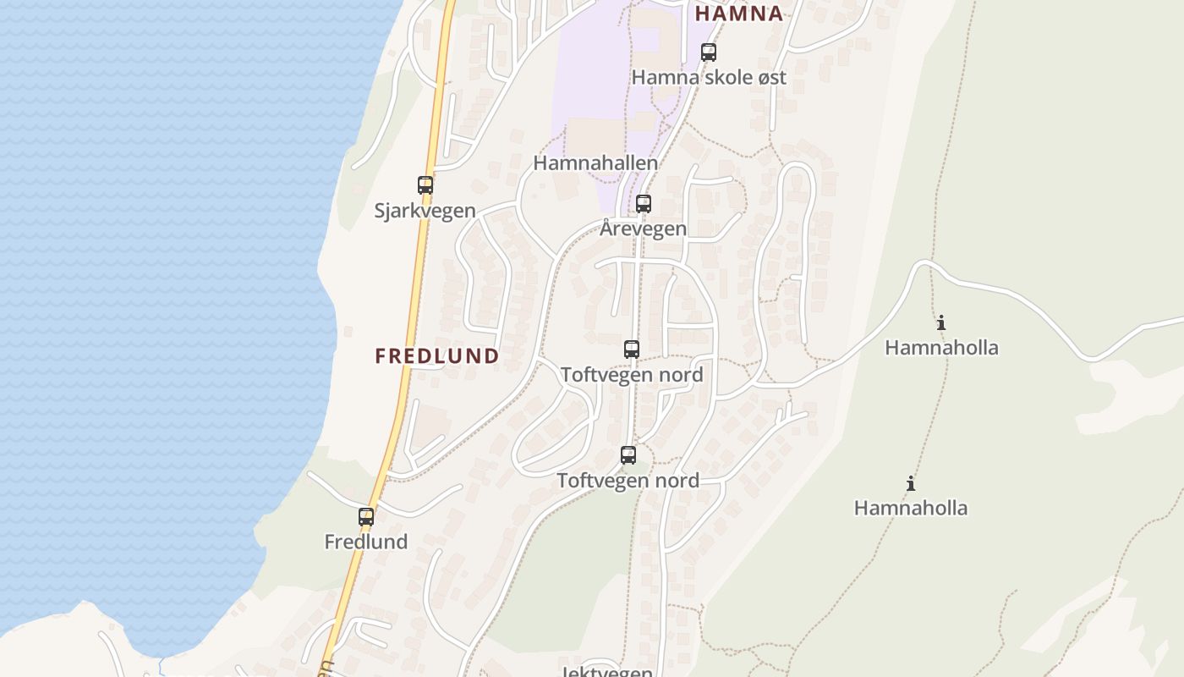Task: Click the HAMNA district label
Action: pyautogui.click(x=739, y=14)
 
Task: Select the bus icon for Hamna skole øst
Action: pyautogui.click(x=709, y=52)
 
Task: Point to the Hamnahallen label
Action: pyautogui.click(x=595, y=162)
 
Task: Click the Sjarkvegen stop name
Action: pyautogui.click(x=425, y=211)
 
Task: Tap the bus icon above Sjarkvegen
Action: pyautogui.click(x=425, y=185)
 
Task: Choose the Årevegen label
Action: pyautogui.click(x=644, y=228)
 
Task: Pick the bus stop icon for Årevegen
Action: pyautogui.click(x=644, y=204)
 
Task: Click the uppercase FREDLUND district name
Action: pyautogui.click(x=437, y=356)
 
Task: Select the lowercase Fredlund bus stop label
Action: pyautogui.click(x=366, y=542)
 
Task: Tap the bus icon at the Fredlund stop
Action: pyautogui.click(x=366, y=517)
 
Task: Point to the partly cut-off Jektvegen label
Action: pyautogui.click(x=606, y=672)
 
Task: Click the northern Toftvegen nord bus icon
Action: pyautogui.click(x=632, y=349)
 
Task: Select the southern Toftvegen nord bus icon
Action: pyautogui.click(x=628, y=455)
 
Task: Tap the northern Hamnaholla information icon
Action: pyautogui.click(x=941, y=322)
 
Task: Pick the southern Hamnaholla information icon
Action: pyautogui.click(x=911, y=483)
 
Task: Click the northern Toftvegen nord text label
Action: pyautogui.click(x=632, y=374)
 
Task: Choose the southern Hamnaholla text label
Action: pyautogui.click(x=911, y=508)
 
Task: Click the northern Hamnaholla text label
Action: pyautogui.click(x=941, y=347)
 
